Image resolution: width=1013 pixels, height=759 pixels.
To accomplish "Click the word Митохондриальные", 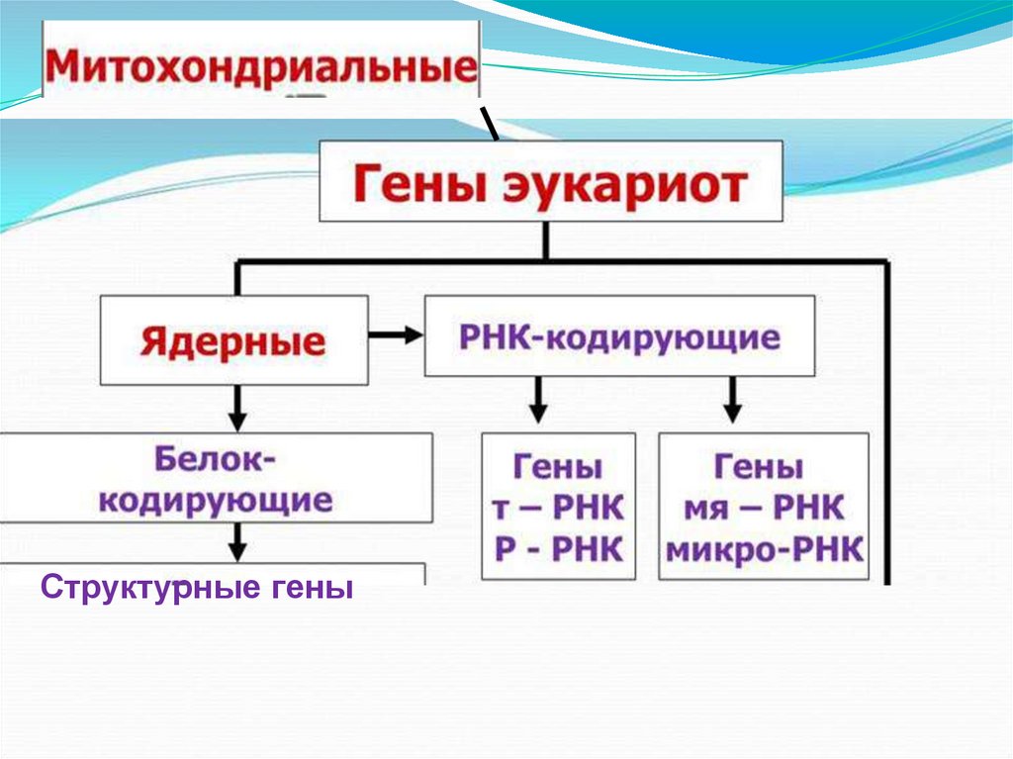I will (x=259, y=69).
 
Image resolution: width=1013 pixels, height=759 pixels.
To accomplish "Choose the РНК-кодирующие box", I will (x=619, y=337).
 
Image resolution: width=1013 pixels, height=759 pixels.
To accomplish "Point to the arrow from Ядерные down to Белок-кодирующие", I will (x=237, y=405).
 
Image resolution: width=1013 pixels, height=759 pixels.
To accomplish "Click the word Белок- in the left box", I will (x=217, y=460).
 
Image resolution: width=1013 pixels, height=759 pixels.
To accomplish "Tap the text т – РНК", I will (x=557, y=510).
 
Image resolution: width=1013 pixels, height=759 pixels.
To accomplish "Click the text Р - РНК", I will (x=557, y=548).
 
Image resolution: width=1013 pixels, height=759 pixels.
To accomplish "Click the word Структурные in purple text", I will (x=145, y=591).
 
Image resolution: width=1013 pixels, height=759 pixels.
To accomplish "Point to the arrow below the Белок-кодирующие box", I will (x=237, y=541).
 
